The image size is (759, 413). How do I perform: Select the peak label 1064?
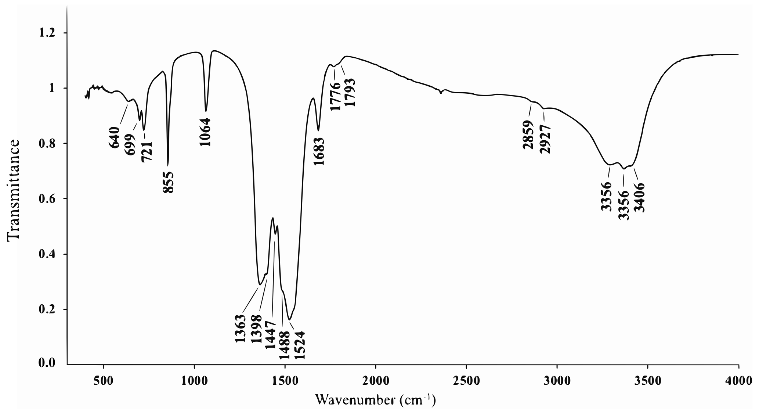click(206, 132)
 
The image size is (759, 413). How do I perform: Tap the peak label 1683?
click(319, 151)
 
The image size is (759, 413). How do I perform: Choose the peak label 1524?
click(299, 345)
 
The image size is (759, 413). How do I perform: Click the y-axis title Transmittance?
click(13, 190)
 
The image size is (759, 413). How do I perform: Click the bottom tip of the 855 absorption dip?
click(168, 165)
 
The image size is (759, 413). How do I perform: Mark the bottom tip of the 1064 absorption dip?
click(206, 111)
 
